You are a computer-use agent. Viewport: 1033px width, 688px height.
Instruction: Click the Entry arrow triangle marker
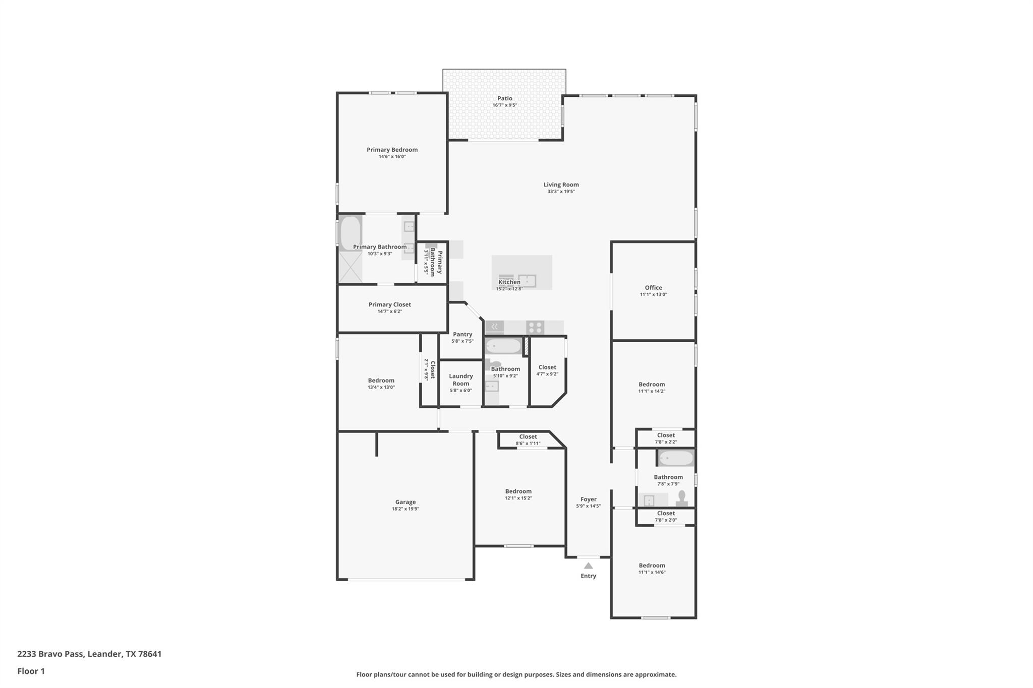588,566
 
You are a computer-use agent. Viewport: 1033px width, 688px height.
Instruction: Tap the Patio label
504,98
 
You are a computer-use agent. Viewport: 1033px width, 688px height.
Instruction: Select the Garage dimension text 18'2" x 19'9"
405,509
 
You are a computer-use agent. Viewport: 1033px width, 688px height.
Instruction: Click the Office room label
653,288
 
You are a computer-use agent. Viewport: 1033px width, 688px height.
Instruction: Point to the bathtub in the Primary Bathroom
350,233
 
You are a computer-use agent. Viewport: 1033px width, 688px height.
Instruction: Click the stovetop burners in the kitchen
535,328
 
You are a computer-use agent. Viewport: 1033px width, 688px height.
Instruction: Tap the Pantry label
462,334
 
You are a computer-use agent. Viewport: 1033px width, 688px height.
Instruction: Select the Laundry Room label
461,380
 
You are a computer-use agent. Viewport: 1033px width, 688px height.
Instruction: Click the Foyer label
588,499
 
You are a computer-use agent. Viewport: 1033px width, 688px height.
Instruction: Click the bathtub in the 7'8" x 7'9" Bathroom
676,458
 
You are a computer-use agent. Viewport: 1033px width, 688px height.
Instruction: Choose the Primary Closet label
389,304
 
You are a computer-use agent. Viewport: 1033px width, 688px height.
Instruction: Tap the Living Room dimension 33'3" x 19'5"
561,192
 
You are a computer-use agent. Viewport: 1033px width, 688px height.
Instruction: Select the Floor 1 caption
31,671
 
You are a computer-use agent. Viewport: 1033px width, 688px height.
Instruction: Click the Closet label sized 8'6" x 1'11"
528,436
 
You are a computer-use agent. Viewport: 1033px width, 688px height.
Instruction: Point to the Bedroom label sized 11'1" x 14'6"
652,566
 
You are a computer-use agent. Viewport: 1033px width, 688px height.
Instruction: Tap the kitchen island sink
527,281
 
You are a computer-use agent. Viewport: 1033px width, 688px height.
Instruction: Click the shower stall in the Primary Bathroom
350,267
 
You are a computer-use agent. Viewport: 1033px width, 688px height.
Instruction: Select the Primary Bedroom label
392,150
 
